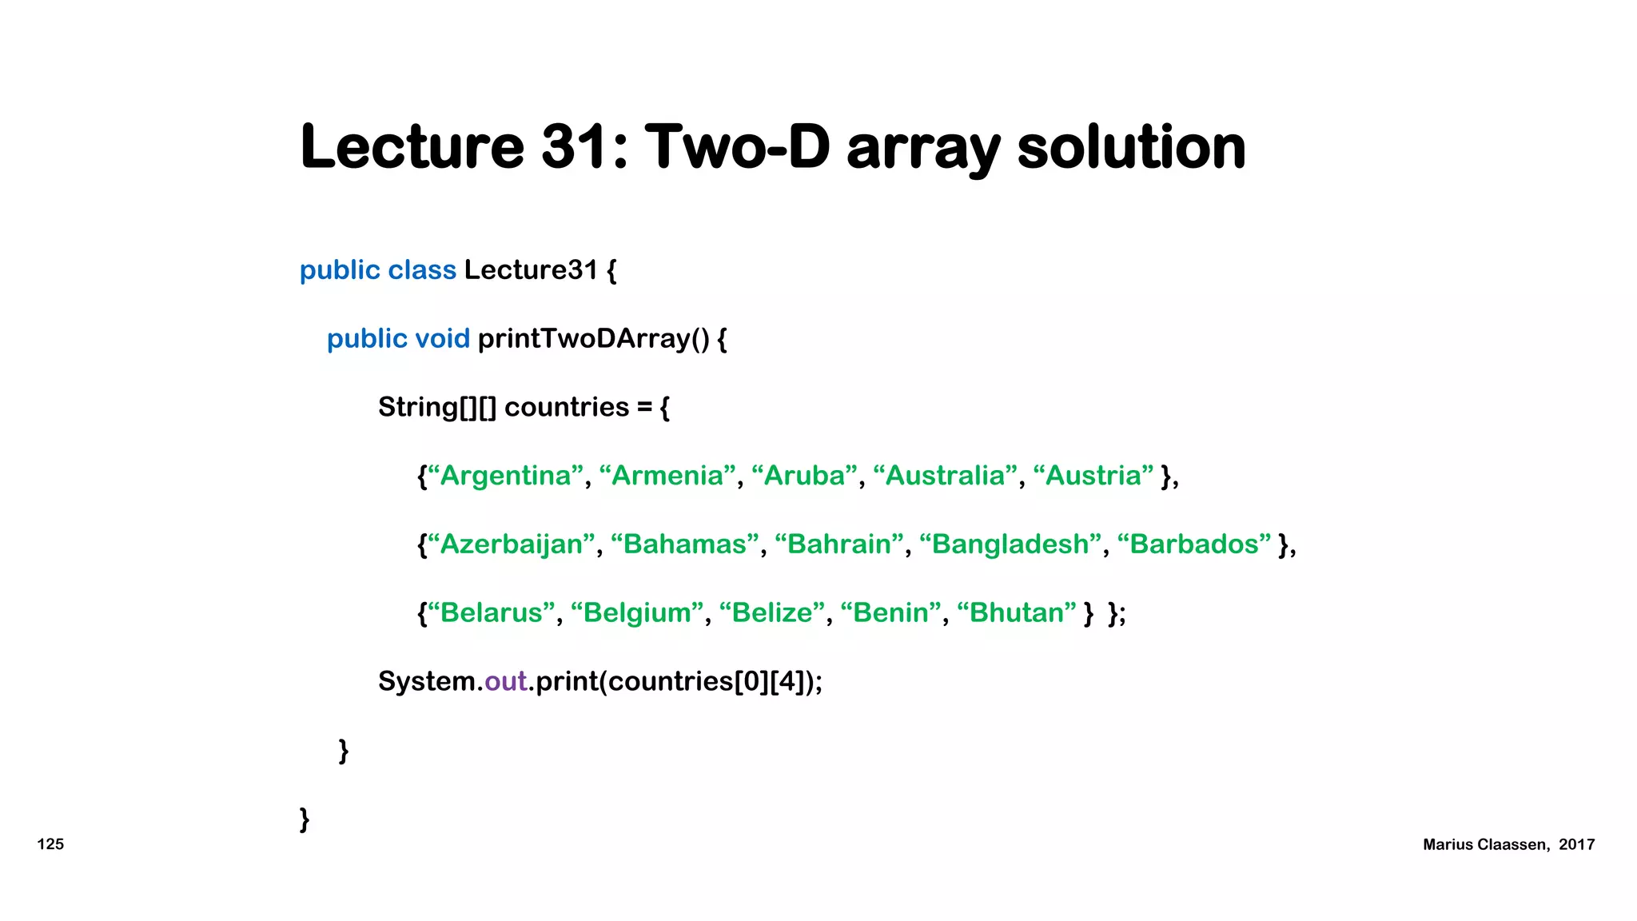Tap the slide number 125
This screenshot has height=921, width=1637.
click(50, 844)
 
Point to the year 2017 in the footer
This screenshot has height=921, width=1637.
click(1576, 844)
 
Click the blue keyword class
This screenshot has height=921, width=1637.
click(422, 270)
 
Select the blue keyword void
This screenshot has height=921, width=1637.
click(442, 339)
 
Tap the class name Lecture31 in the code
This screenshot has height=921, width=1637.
click(530, 270)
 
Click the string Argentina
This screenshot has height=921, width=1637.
click(505, 476)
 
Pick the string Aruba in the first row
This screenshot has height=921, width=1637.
click(804, 476)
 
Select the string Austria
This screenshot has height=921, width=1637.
click(1093, 476)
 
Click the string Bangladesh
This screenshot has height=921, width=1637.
click(1010, 544)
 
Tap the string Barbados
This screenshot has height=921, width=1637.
click(1193, 544)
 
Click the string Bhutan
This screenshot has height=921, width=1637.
click(1016, 613)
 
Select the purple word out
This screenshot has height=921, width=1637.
click(505, 681)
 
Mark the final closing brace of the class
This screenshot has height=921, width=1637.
click(304, 819)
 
